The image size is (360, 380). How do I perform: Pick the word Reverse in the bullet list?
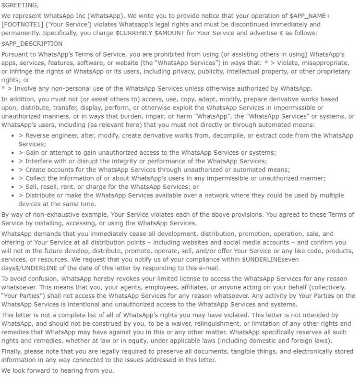tap(42, 136)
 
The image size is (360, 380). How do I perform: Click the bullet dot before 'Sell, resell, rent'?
tap(12, 187)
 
